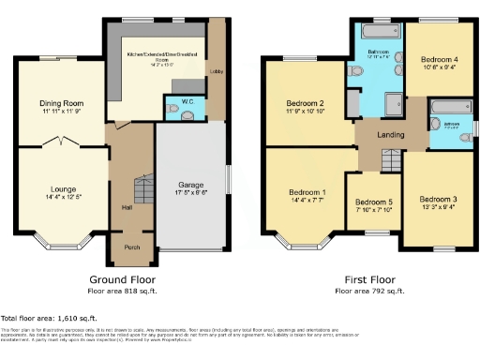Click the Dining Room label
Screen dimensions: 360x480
63,103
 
